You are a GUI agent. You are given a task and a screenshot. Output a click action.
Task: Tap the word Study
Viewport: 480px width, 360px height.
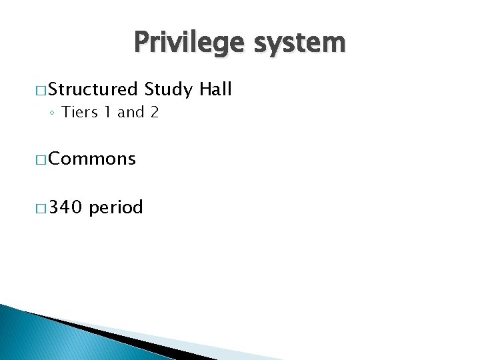168,89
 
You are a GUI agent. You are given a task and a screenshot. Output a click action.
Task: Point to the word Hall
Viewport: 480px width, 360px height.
215,89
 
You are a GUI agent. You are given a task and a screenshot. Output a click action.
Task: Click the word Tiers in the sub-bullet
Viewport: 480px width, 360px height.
79,113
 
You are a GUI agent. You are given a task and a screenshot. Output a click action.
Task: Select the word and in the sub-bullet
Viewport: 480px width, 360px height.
131,113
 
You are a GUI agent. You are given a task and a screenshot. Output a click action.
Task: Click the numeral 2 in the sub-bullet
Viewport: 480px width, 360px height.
154,113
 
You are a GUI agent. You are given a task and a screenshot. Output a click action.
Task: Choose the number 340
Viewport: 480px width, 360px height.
65,208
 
